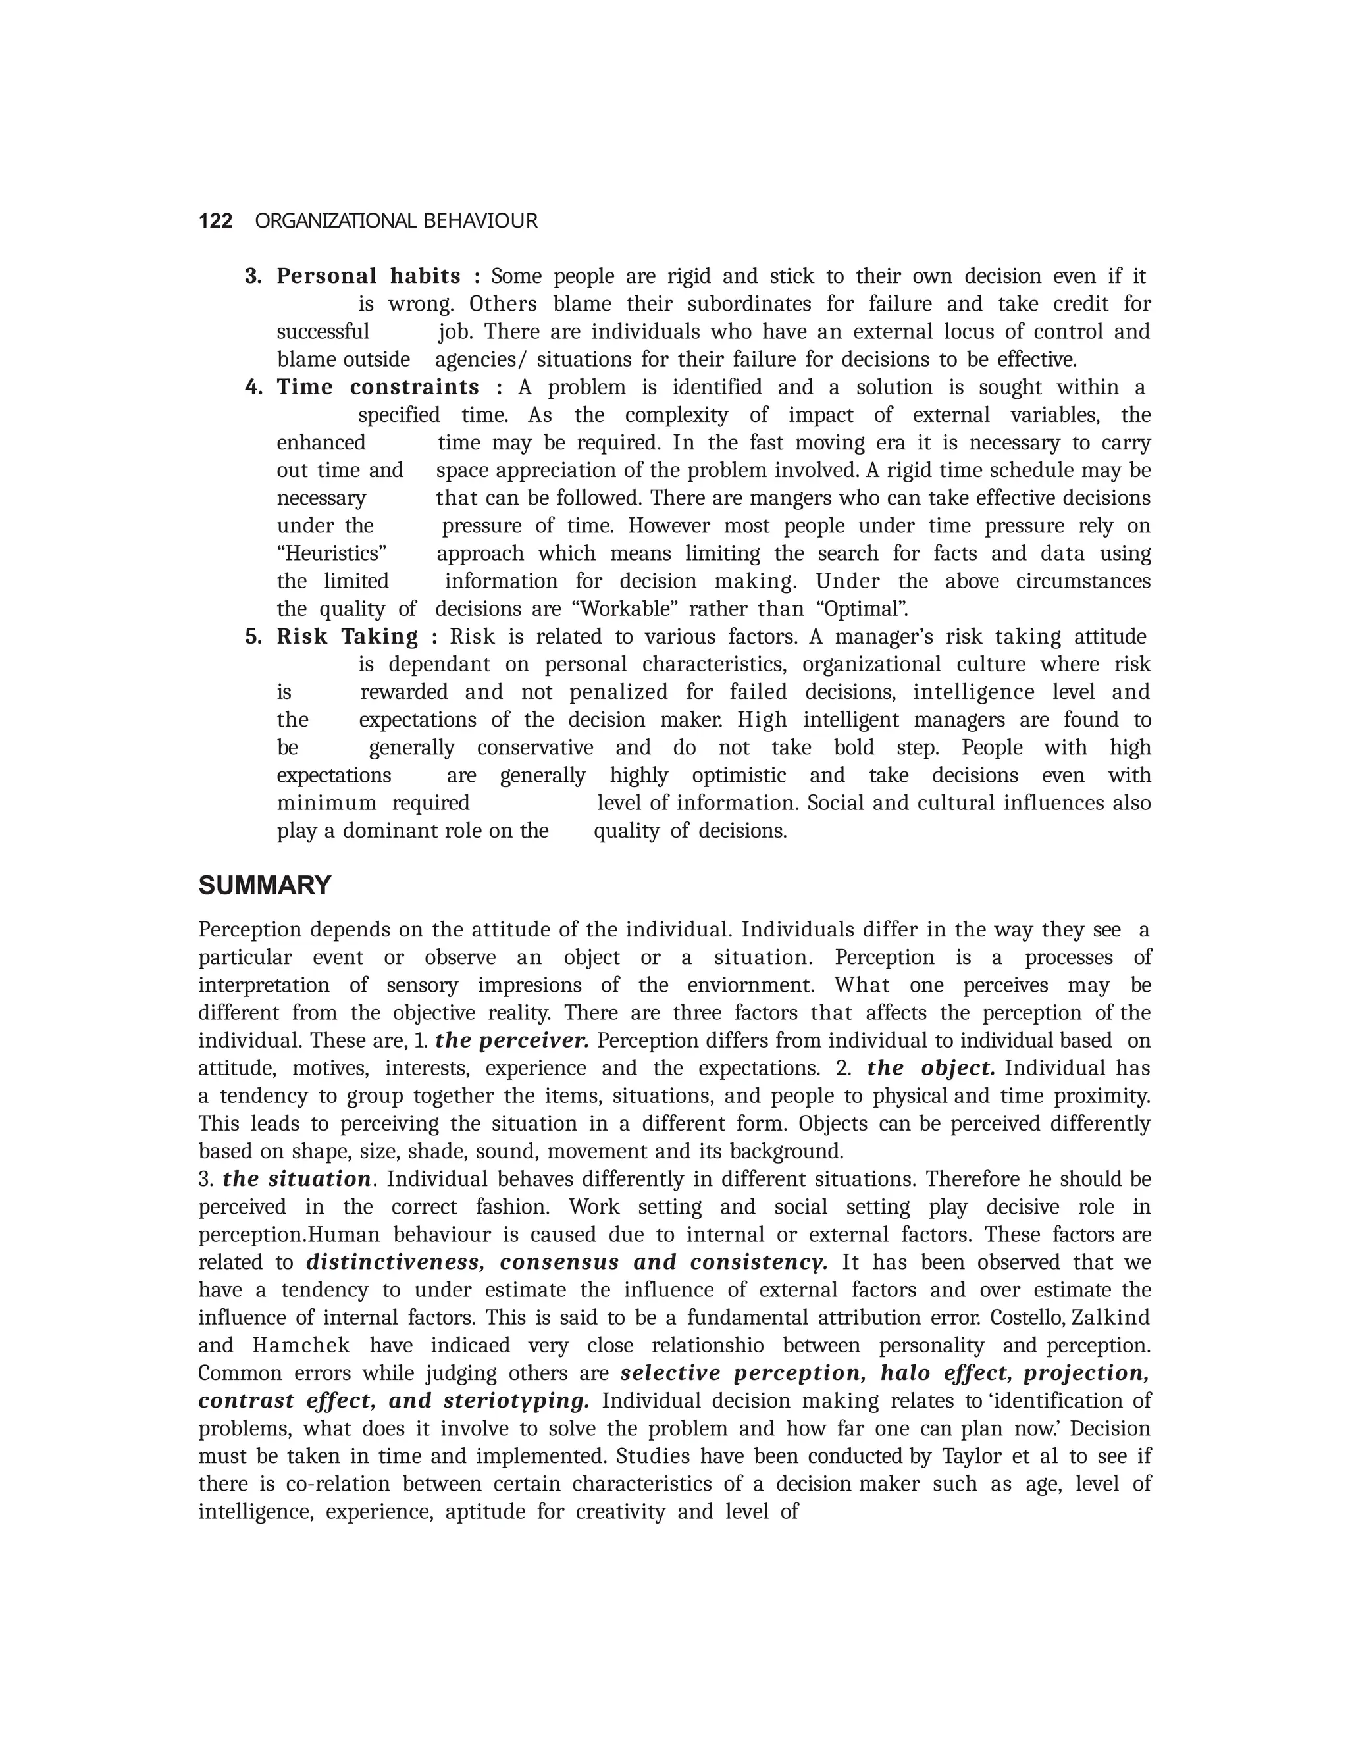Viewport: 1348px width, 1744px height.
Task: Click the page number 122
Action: click(215, 221)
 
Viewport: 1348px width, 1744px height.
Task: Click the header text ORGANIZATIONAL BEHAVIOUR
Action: click(396, 221)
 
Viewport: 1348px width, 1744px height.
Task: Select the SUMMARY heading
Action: click(265, 886)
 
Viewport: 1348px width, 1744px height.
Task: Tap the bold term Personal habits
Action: click(368, 276)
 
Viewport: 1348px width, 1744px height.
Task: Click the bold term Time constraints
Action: click(378, 387)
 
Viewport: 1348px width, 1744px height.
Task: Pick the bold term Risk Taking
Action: click(348, 636)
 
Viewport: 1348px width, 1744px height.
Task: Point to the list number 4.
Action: click(253, 387)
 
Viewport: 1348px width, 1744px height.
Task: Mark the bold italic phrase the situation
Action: click(296, 1179)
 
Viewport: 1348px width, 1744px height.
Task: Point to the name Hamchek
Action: click(300, 1346)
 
